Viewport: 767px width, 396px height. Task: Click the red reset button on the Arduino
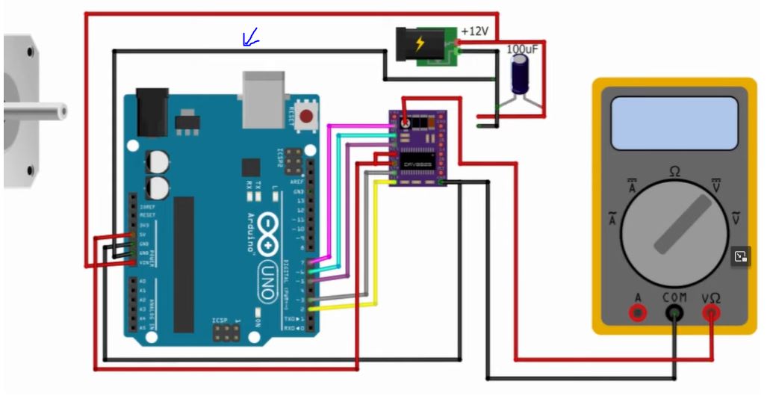305,116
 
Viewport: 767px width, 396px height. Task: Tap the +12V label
474,32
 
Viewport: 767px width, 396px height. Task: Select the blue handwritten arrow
250,37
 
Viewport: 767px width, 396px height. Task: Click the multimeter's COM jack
675,314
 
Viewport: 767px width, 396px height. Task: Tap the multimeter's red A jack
637,314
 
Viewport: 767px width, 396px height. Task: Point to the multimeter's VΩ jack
711,314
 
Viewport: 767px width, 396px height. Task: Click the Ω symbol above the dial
675,172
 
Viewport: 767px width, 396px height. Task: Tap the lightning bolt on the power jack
420,43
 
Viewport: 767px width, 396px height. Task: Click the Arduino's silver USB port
263,98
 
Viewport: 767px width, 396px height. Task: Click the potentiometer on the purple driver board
405,123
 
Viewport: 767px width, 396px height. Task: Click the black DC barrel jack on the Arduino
152,112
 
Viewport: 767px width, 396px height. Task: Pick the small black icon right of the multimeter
740,256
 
